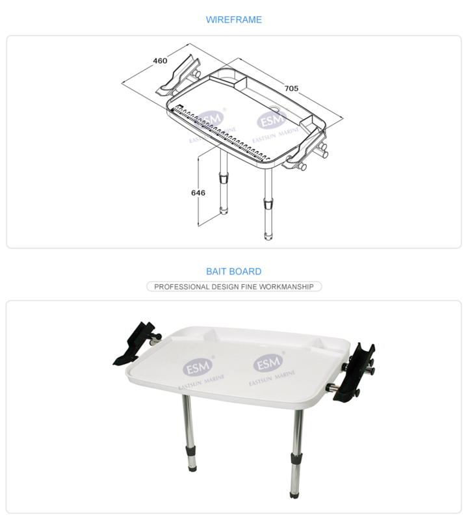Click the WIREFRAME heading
233,20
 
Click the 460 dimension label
160,60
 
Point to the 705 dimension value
291,88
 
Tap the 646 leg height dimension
198,192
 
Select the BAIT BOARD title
233,271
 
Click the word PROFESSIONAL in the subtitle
182,287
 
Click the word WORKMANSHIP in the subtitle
286,287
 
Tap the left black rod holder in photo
135,343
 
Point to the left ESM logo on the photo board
198,366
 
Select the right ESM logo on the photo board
268,363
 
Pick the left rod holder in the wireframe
177,75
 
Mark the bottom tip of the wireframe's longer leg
268,239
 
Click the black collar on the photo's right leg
296,458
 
